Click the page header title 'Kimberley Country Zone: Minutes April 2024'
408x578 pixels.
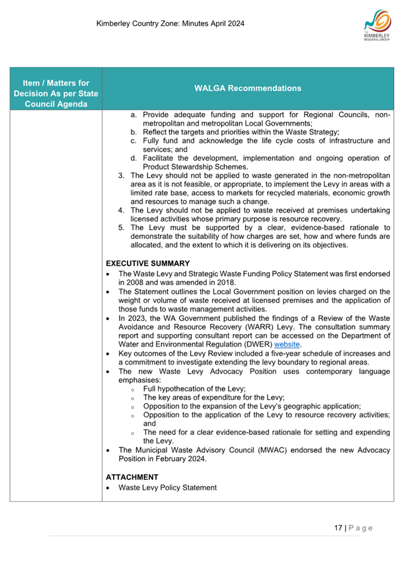point(170,24)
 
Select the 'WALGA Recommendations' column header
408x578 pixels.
point(247,88)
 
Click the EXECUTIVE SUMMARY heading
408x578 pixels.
point(148,263)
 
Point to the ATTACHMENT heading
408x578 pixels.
point(132,477)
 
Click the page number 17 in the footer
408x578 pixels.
point(338,528)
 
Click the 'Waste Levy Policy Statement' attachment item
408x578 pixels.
point(167,487)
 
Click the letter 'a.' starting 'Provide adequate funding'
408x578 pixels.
point(134,114)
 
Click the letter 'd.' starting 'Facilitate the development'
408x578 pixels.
point(134,158)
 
